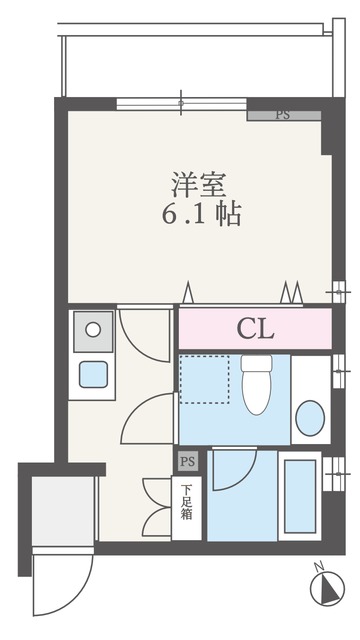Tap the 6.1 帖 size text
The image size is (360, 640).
pos(201,213)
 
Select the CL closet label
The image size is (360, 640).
pos(255,329)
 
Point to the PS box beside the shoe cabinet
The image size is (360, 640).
pos(188,462)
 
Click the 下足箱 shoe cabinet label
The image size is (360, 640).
pos(187,502)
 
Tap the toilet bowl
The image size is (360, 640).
pos(256,385)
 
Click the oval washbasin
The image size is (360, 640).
pos(310,418)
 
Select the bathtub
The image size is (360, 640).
pos(300,496)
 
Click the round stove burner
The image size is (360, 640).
pos(93,329)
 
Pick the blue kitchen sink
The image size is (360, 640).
pos(93,374)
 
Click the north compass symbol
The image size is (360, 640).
pos(327,589)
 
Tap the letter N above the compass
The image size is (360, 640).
pos(319,566)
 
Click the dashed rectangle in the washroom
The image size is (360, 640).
pos(204,379)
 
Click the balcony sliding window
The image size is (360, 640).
pos(181,103)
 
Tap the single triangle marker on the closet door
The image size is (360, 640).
pos(187,292)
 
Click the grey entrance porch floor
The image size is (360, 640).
pos(64,511)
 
